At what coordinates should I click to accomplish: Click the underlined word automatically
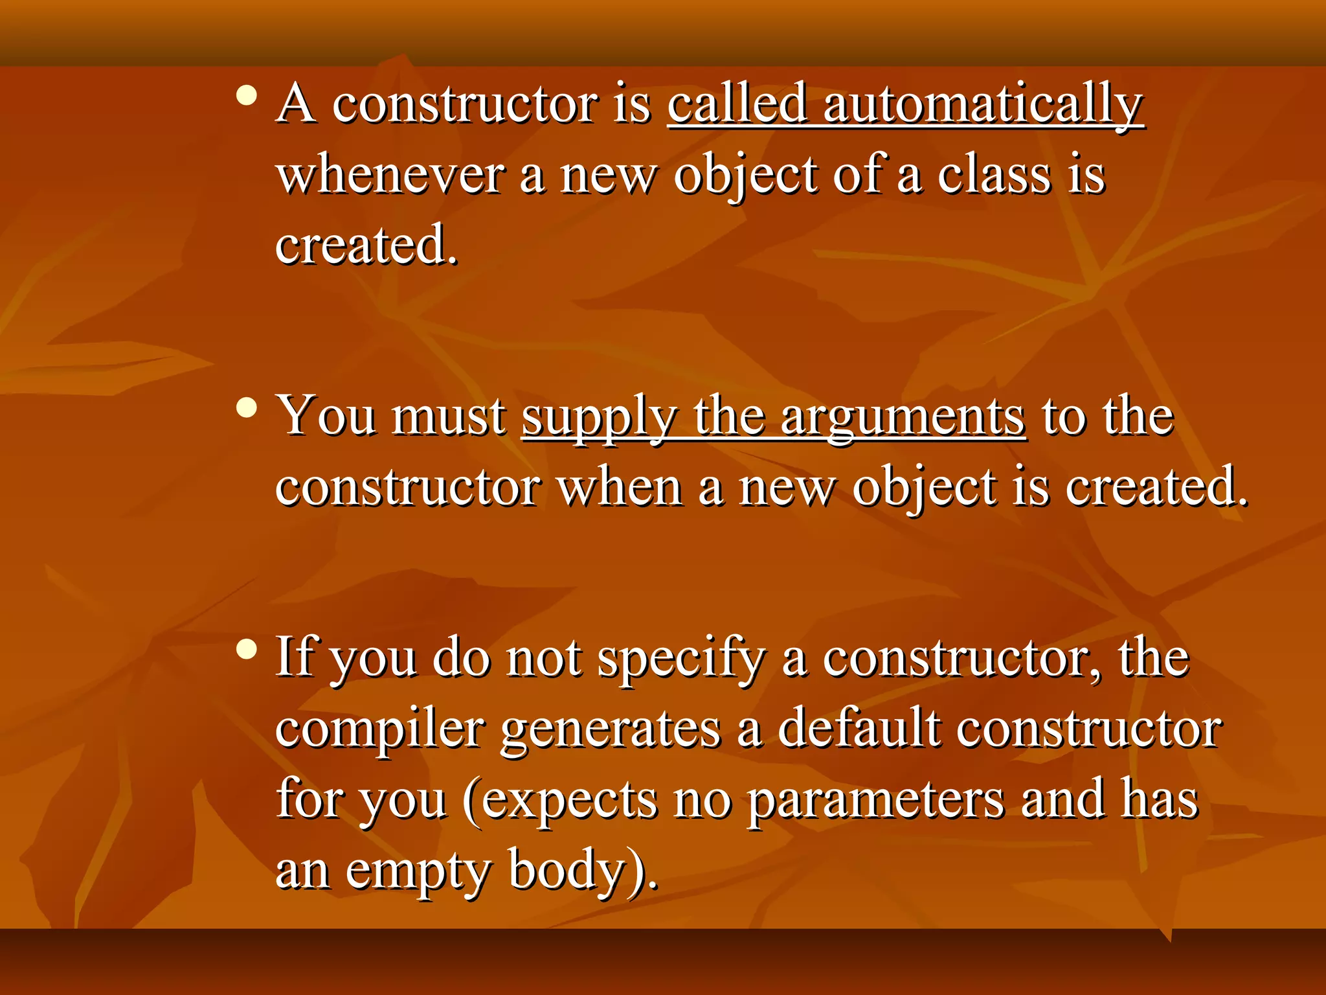983,105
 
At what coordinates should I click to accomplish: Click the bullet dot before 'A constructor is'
247,97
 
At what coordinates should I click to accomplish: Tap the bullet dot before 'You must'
247,408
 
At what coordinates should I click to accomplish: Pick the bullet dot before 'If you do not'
247,649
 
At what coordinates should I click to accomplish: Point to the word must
449,416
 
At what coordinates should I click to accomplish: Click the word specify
681,659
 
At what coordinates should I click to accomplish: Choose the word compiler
380,730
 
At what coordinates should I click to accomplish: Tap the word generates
611,730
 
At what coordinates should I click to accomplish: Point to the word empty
418,872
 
